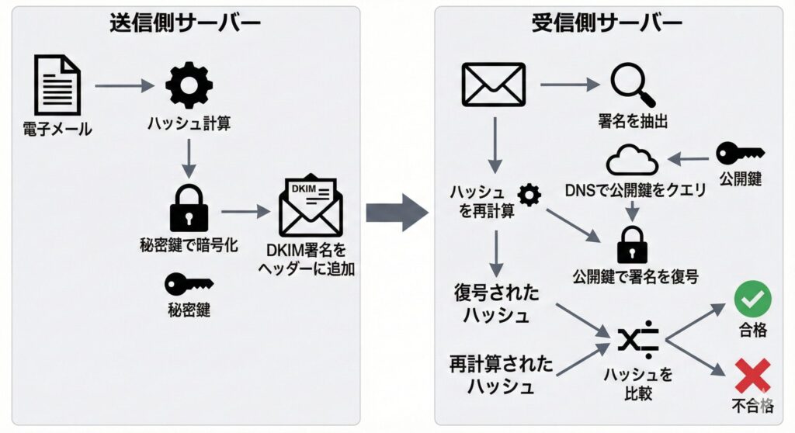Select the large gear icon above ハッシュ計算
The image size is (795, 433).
(189, 85)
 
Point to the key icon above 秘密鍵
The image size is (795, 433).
(188, 284)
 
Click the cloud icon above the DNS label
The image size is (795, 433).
(632, 160)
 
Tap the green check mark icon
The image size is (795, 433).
(752, 298)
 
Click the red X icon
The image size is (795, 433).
(752, 376)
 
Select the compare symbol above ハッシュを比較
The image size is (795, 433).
(638, 339)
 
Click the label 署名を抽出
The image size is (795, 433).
(634, 121)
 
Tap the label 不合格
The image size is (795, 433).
(752, 405)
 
